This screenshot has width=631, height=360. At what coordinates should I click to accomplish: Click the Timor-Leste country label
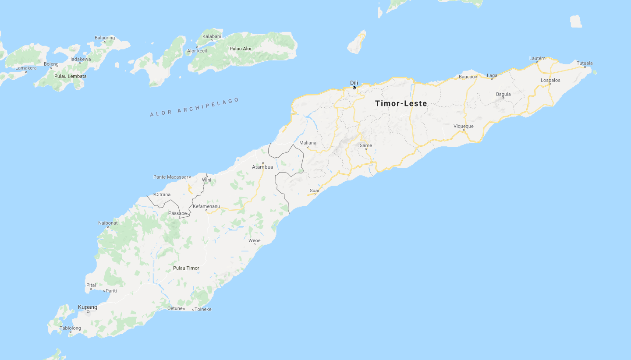(401, 103)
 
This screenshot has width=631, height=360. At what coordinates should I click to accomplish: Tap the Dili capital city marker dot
(354, 88)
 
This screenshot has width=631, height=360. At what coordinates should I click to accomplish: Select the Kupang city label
(88, 307)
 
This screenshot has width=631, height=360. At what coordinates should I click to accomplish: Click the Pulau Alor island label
(241, 49)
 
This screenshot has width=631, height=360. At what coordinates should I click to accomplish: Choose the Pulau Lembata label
(71, 76)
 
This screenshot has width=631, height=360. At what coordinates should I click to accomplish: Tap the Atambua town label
(262, 167)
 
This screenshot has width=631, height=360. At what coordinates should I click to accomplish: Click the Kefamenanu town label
(206, 206)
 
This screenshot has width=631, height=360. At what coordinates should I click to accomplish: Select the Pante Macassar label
(171, 177)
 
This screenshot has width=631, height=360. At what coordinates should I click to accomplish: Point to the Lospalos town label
(550, 80)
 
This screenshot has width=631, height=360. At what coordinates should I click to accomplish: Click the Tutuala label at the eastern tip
(585, 63)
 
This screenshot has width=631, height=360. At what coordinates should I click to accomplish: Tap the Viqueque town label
(463, 126)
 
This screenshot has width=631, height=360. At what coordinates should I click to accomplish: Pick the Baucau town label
(467, 77)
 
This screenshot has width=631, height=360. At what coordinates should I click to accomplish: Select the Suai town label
(314, 191)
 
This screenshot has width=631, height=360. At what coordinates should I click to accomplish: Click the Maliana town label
(308, 143)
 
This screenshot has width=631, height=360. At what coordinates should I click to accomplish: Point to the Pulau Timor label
(186, 268)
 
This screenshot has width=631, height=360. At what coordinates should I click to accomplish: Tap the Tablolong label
(71, 328)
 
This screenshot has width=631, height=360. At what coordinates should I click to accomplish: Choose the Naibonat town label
(108, 223)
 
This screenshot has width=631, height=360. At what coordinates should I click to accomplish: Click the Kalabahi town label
(212, 36)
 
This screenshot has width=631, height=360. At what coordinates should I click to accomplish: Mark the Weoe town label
(255, 240)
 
